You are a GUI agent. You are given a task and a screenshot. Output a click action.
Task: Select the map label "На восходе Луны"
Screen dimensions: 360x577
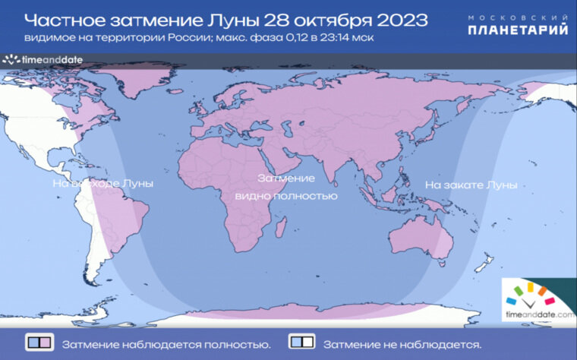coord(102,184)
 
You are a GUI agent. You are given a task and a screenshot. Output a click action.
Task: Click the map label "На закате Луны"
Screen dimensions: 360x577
coord(471,185)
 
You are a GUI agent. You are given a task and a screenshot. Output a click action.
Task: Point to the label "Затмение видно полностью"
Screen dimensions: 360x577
coord(286,187)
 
